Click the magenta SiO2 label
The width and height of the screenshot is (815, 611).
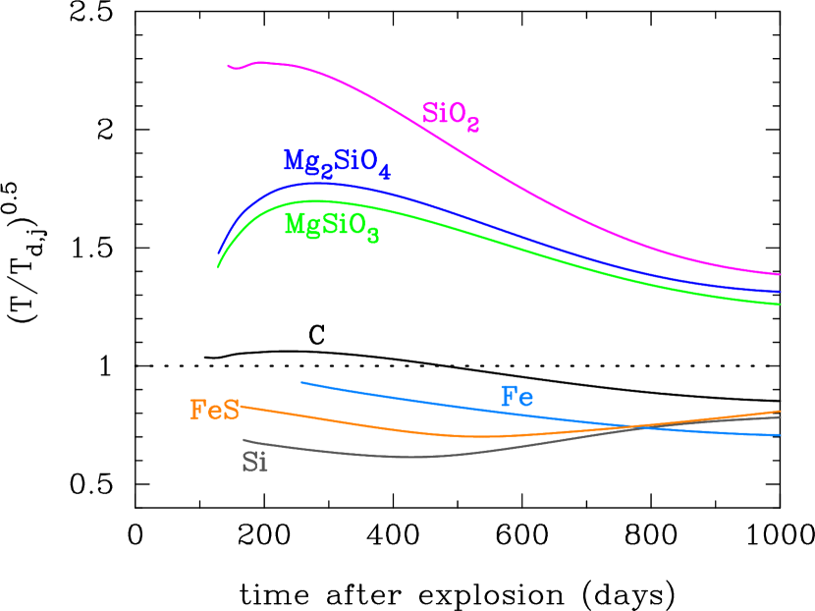pyautogui.click(x=450, y=114)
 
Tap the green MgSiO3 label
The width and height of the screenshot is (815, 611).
pyautogui.click(x=331, y=225)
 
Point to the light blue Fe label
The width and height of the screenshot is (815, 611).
pyautogui.click(x=517, y=397)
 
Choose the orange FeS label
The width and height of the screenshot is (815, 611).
pyautogui.click(x=214, y=410)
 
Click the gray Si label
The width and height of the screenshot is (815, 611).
pyautogui.click(x=254, y=462)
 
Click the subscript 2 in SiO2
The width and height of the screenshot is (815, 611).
pyautogui.click(x=472, y=124)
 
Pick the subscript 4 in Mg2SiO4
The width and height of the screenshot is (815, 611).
pyautogui.click(x=384, y=172)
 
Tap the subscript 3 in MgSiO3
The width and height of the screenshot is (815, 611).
pyautogui.click(x=373, y=235)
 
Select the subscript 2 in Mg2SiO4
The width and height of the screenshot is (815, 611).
pyautogui.click(x=327, y=171)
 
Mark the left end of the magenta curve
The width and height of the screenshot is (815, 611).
pyautogui.click(x=228, y=67)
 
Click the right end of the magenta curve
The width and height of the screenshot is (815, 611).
pyautogui.click(x=780, y=275)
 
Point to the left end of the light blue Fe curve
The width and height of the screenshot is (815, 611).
pyautogui.click(x=301, y=382)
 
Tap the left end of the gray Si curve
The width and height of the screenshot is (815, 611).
pyautogui.click(x=244, y=439)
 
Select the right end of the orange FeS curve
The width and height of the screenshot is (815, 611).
pyautogui.click(x=780, y=412)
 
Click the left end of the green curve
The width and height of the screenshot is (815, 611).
pyautogui.click(x=218, y=267)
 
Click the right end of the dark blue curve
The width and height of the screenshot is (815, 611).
pyautogui.click(x=780, y=292)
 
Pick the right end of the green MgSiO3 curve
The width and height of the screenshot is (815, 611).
pyautogui.click(x=780, y=305)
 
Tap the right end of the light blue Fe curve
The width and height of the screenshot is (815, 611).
pyautogui.click(x=780, y=435)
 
